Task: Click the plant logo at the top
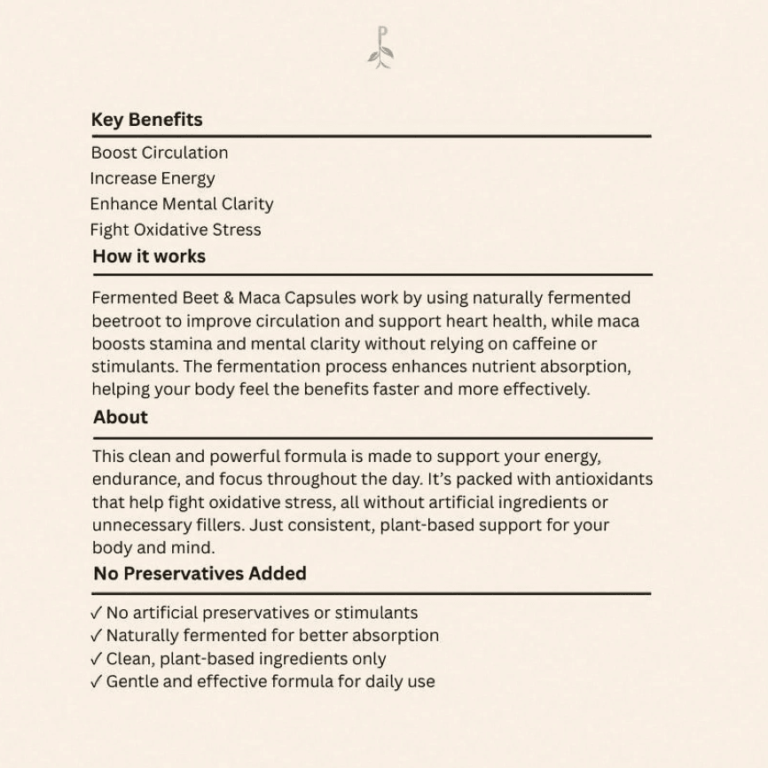(380, 49)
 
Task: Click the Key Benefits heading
(146, 120)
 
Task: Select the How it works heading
(149, 256)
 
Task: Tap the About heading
(121, 417)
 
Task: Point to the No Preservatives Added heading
(200, 573)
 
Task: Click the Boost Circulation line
(160, 153)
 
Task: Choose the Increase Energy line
(153, 178)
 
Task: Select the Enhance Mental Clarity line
(182, 204)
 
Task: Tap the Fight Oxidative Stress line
(176, 230)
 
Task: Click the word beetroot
(125, 321)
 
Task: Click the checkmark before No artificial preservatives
(97, 613)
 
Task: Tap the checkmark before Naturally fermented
(97, 636)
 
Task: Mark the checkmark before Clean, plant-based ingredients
(97, 659)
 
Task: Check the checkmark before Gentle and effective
(97, 682)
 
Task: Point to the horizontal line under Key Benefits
(371, 136)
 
